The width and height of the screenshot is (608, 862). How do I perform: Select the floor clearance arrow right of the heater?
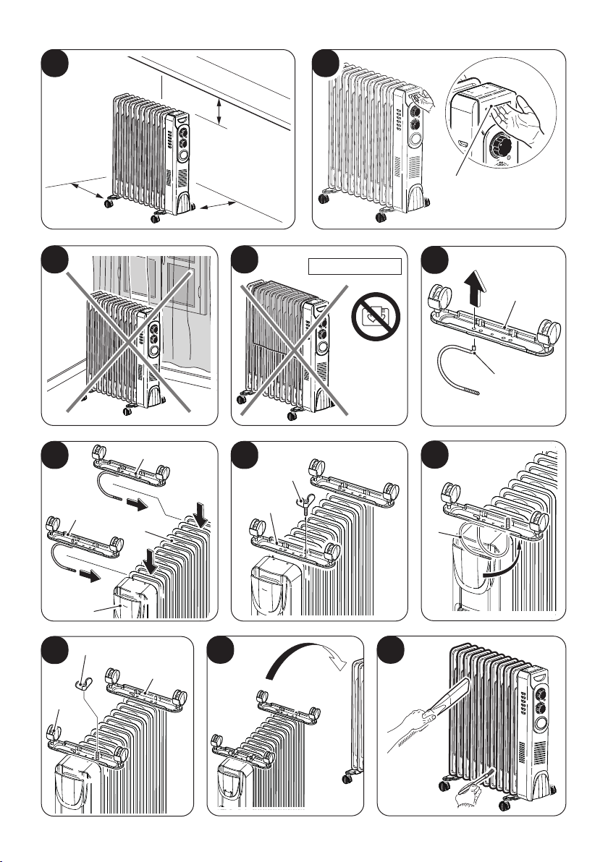216,207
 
